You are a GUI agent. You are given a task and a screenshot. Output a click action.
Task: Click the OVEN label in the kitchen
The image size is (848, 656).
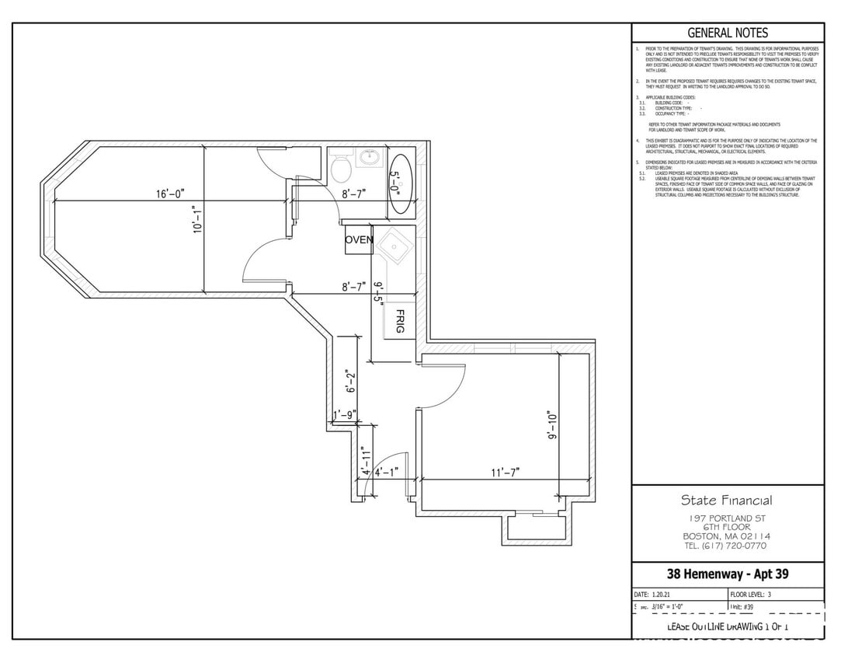click(x=359, y=240)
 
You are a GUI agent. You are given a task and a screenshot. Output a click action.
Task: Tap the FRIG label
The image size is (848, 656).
click(x=400, y=321)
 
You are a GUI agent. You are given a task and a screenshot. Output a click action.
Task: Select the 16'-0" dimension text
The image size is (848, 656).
click(x=170, y=194)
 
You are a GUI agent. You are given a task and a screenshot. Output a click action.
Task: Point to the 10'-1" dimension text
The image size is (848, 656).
click(x=198, y=219)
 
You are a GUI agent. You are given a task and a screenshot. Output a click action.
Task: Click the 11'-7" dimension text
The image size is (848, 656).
click(x=505, y=472)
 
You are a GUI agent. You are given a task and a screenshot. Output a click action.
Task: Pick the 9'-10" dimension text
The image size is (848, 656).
click(x=552, y=426)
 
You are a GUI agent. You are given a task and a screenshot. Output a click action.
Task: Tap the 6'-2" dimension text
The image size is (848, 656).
click(x=350, y=382)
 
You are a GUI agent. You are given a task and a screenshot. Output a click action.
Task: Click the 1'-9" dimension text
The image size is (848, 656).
click(x=345, y=415)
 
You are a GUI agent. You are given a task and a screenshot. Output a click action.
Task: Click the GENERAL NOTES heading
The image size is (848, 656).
click(x=728, y=33)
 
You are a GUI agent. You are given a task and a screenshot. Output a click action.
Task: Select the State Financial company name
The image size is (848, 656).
click(x=727, y=501)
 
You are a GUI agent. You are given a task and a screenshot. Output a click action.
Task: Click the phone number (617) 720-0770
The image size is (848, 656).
click(x=727, y=546)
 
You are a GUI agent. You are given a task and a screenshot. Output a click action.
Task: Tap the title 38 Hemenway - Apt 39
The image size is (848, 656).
click(x=728, y=574)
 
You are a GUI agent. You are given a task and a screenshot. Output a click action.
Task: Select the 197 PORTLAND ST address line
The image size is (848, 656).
click(x=728, y=518)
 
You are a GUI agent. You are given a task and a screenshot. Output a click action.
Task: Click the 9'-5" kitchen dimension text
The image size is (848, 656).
click(x=379, y=295)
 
